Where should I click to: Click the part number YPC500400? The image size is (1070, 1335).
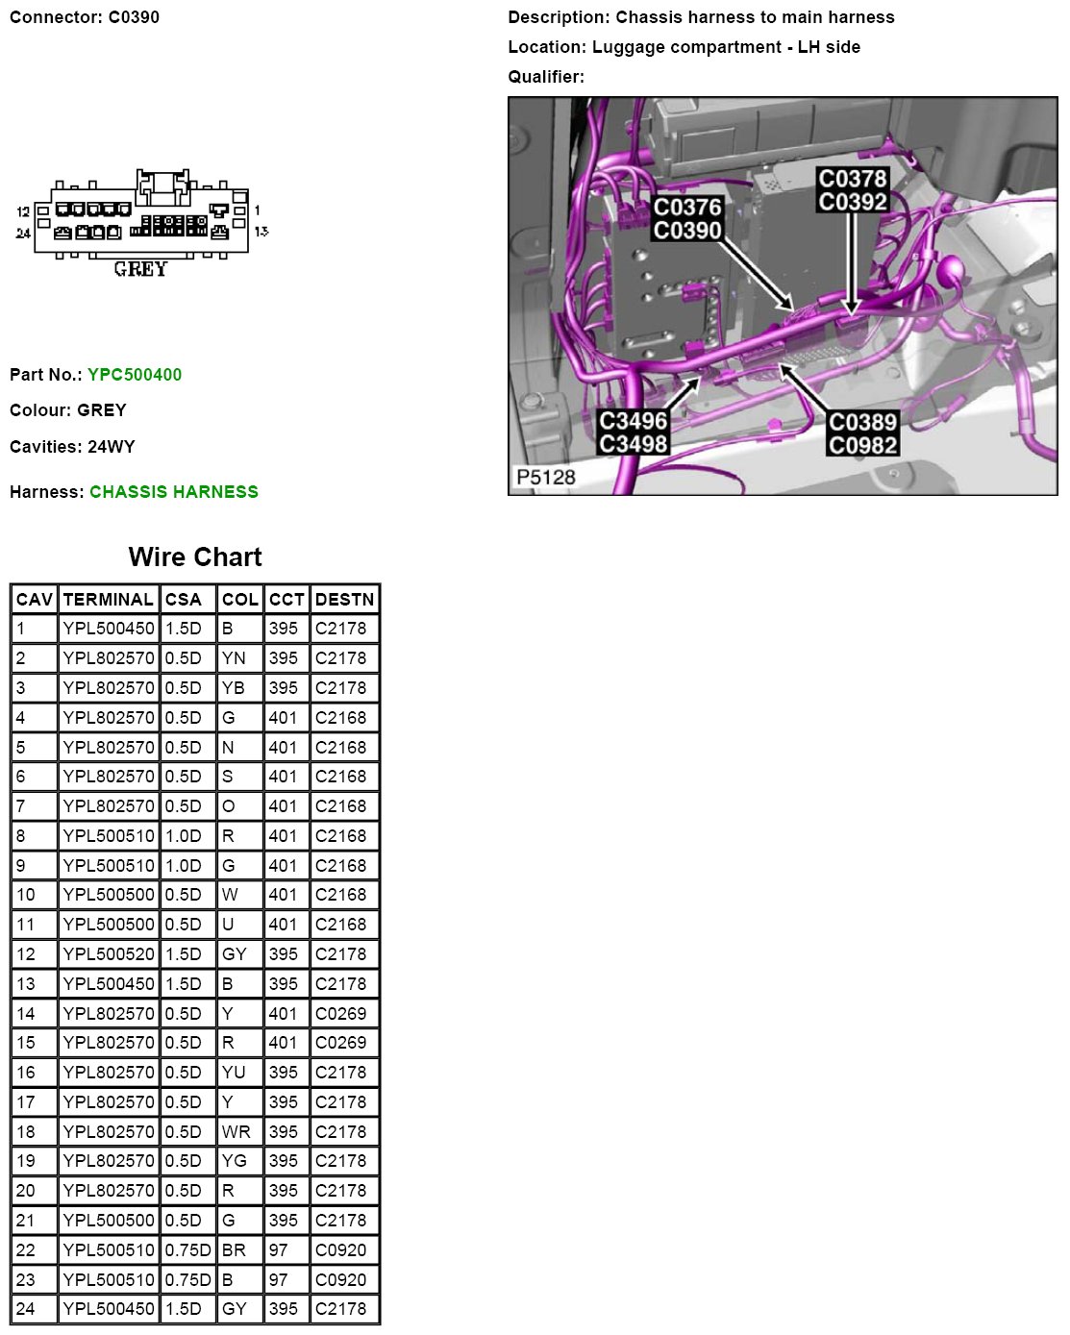(135, 375)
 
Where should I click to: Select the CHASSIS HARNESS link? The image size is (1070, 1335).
(174, 492)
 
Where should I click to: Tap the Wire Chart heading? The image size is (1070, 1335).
(195, 557)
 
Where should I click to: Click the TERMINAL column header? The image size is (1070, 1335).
(109, 600)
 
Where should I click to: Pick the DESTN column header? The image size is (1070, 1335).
(344, 600)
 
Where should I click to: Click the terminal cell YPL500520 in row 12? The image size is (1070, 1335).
(109, 954)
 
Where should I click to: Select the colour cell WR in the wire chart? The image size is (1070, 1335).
(236, 1132)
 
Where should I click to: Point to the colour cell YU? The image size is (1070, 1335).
(234, 1073)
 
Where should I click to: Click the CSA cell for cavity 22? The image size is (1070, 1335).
(187, 1250)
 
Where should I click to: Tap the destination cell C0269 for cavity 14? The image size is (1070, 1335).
(341, 1014)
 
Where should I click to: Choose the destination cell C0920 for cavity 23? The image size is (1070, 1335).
(341, 1280)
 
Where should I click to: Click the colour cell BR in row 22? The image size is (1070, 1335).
(234, 1250)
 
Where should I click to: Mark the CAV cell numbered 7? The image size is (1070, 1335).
(21, 806)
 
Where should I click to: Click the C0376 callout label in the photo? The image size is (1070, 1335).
(687, 208)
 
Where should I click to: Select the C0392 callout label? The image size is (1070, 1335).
(853, 202)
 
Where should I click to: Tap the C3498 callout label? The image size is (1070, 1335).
(634, 444)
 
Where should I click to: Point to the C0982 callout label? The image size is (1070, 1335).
(863, 445)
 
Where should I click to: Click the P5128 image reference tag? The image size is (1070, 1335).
(546, 478)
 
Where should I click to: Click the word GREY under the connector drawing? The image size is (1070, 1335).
(140, 270)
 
